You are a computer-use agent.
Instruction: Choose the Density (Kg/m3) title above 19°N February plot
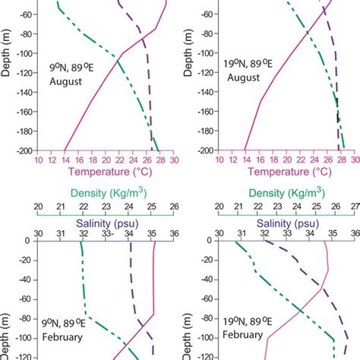[286, 194]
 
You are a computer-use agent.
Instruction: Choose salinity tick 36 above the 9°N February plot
[174, 233]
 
